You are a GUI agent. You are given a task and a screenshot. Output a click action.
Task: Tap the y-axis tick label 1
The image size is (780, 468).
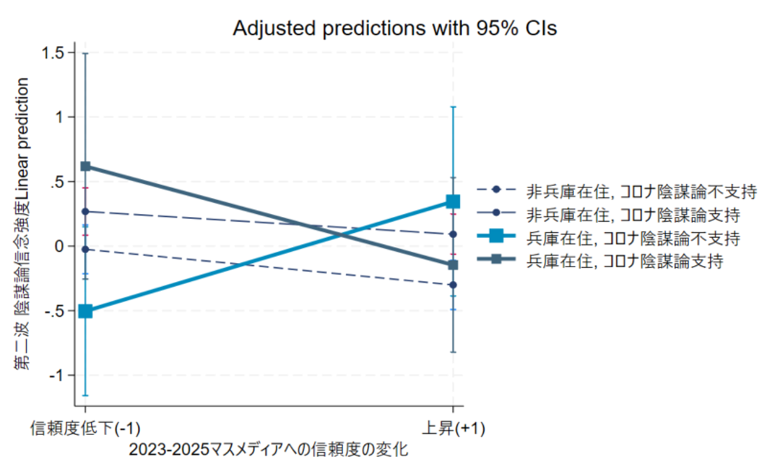[x=61, y=118]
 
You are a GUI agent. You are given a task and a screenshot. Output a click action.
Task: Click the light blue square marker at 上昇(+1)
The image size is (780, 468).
[x=453, y=202]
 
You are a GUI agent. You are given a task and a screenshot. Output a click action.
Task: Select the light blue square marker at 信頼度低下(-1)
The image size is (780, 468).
[x=85, y=311]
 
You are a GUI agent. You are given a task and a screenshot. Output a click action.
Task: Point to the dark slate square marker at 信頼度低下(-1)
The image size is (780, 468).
[x=85, y=166]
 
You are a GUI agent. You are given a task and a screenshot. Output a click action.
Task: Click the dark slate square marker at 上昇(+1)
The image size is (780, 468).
[x=453, y=264]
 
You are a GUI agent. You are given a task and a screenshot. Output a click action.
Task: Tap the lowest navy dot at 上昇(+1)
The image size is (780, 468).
[x=453, y=285]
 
